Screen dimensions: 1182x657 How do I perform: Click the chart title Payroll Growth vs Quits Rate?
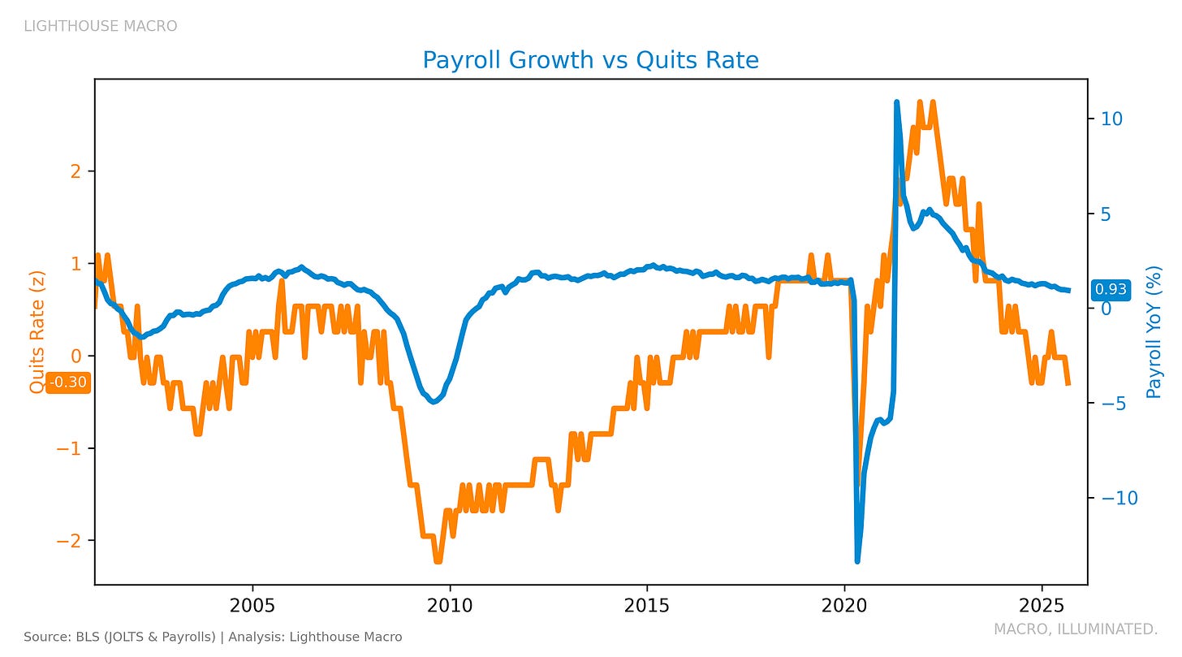[x=590, y=60]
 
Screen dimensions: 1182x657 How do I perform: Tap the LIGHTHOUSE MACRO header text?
[x=101, y=26]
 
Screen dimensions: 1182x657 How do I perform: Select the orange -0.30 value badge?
[x=68, y=382]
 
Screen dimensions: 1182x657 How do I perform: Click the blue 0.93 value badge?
[x=1111, y=289]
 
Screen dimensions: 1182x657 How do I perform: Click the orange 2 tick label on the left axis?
[x=76, y=171]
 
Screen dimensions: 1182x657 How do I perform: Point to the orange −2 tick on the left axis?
[x=69, y=540]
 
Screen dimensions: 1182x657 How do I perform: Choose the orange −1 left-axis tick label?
[x=69, y=448]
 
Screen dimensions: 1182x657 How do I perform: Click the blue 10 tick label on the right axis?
[x=1112, y=119]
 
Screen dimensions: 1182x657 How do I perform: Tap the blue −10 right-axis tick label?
[x=1119, y=498]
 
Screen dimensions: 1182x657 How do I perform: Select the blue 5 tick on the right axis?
[x=1106, y=214]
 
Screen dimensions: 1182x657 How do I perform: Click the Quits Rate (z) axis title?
[x=37, y=332]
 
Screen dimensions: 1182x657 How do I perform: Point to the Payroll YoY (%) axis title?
[x=1154, y=332]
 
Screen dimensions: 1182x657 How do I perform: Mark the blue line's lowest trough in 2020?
[x=857, y=561]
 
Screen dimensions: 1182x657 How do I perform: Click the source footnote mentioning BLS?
[x=213, y=637]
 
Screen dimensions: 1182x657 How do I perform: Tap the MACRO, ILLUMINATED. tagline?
[x=1076, y=629]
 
